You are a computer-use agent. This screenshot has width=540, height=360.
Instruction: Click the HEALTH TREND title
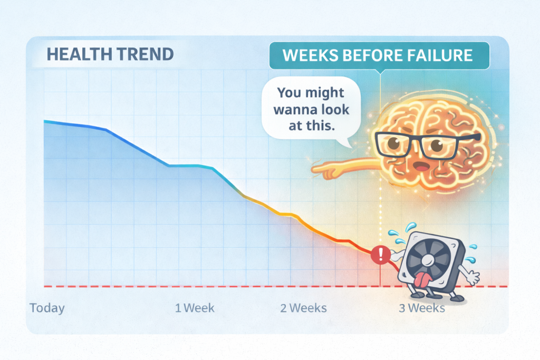[110, 54]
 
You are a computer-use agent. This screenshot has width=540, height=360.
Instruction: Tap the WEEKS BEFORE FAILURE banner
[379, 55]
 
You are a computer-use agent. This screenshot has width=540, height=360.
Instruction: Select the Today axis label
[47, 308]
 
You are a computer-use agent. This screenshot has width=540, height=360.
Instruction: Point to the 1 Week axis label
[195, 308]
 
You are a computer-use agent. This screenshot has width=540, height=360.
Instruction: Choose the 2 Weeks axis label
[303, 308]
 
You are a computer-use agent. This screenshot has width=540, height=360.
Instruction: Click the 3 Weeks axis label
[422, 308]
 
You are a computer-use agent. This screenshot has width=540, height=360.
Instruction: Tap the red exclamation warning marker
[380, 255]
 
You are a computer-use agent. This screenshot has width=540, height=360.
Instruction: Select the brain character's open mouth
[420, 167]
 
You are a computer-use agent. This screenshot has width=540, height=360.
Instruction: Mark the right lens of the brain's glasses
[438, 146]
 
